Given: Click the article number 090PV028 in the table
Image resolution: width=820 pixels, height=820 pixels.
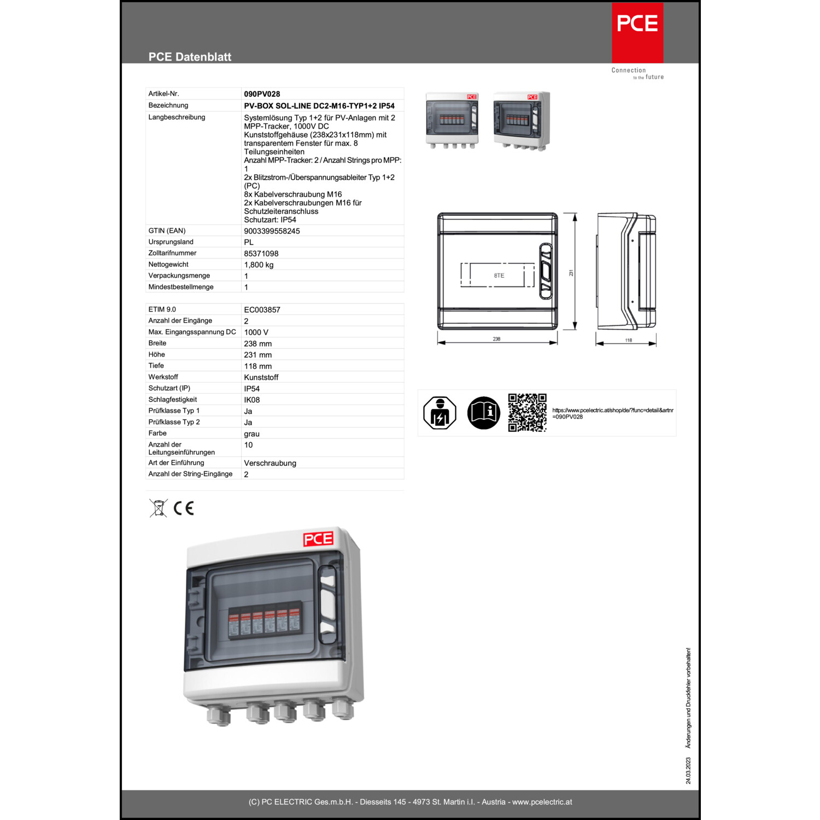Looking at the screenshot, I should pos(262,94).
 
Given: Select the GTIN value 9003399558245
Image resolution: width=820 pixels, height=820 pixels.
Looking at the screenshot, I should pos(272,231).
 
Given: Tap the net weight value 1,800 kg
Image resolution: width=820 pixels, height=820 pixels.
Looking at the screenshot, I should pos(259,265).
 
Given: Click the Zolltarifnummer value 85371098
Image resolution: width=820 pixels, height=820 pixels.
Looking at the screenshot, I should pos(261,254).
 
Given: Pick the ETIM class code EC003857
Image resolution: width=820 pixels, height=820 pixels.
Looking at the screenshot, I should pos(262,310).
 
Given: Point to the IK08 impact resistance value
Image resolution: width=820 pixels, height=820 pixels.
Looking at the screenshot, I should pos(252,400).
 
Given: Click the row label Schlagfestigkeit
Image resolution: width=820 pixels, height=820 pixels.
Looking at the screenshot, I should pos(173,400).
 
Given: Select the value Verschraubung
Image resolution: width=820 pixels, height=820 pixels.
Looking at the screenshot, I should pos(270,463).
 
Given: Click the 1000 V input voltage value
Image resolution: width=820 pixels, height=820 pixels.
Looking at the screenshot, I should pos(256,332).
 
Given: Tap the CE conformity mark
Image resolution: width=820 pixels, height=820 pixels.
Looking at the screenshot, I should pos(184,508).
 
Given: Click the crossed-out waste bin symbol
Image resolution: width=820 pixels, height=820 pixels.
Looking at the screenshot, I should pos(158,508).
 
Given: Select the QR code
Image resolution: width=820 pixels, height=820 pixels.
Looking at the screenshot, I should pos(527,413).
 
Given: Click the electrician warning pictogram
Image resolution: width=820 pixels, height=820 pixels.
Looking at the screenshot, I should pos(440,413).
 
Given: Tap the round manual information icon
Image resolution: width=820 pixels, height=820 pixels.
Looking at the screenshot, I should pos(483,413).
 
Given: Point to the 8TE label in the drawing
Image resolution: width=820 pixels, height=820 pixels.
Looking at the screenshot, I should pos(499,276).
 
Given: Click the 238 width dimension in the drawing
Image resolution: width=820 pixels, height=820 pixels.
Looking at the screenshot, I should pos(496,339).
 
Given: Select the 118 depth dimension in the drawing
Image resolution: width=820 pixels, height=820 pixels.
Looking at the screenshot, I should pos(629,340).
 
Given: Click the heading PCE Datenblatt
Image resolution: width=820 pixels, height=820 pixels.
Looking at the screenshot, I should pos(190,57).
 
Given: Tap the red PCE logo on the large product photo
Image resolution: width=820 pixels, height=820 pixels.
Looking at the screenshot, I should pos(318,539).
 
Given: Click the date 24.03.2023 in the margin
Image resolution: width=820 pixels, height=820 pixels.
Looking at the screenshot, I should pos(688,771).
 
